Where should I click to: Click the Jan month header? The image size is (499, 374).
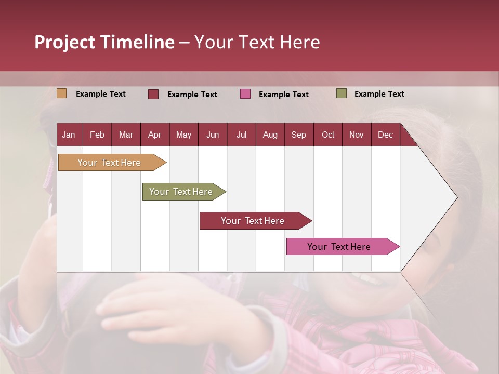(69, 135)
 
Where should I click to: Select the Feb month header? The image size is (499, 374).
(97, 135)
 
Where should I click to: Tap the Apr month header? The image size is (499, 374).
(154, 135)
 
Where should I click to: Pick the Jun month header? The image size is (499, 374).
(213, 135)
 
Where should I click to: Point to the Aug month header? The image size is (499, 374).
(270, 135)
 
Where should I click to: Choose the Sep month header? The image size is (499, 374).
(298, 135)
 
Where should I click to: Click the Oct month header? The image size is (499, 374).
(328, 135)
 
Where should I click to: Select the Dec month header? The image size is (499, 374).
(385, 135)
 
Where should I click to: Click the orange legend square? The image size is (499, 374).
(61, 94)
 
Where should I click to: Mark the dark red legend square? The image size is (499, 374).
(153, 94)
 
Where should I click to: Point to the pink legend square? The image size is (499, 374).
(245, 94)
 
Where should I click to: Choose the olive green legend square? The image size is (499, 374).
(342, 94)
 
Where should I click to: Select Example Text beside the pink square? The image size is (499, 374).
(284, 95)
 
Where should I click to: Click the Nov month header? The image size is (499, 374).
(357, 135)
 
